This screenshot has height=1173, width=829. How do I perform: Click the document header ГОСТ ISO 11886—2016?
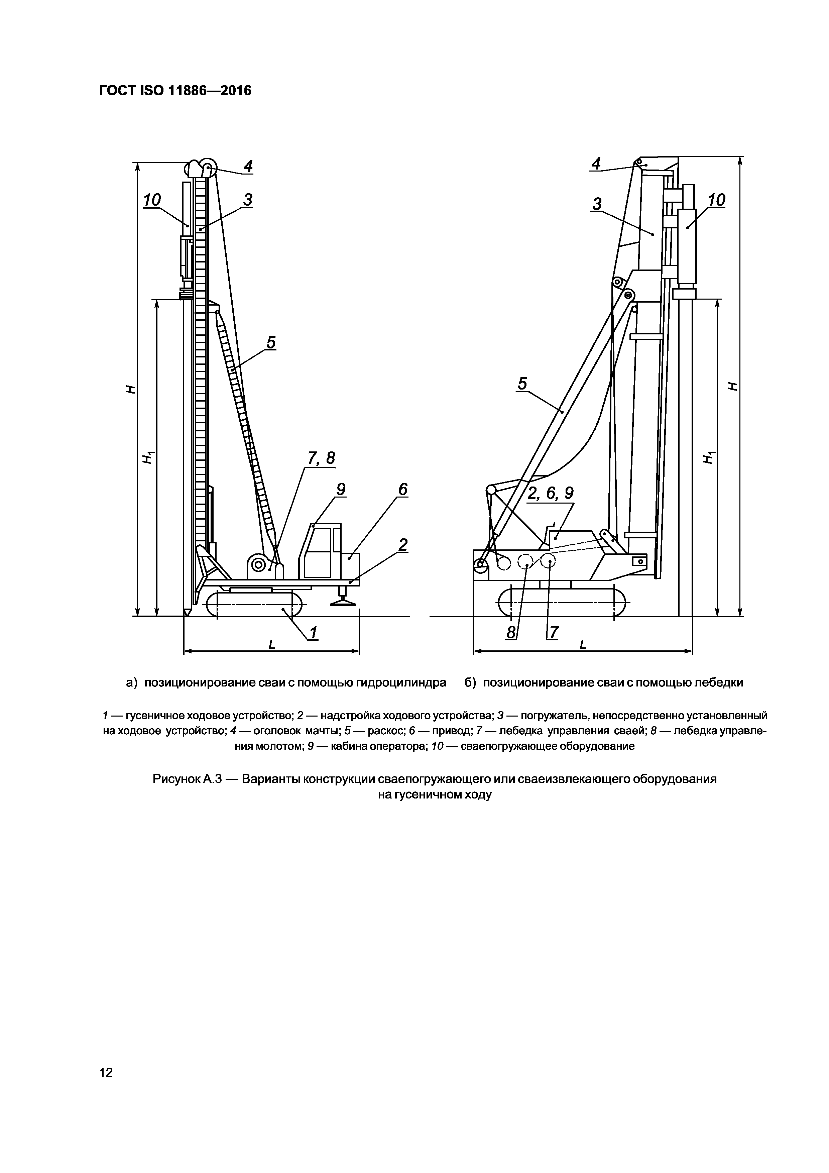click(x=175, y=91)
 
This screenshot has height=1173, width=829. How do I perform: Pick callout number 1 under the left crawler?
click(x=313, y=633)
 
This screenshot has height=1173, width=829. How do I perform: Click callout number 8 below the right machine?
click(x=511, y=633)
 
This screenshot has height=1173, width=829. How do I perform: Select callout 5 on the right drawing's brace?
click(x=522, y=384)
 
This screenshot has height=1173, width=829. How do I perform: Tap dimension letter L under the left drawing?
click(x=272, y=645)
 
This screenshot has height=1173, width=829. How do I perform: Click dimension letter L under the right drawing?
click(x=583, y=645)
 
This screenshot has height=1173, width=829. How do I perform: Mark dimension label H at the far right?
click(x=732, y=386)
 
